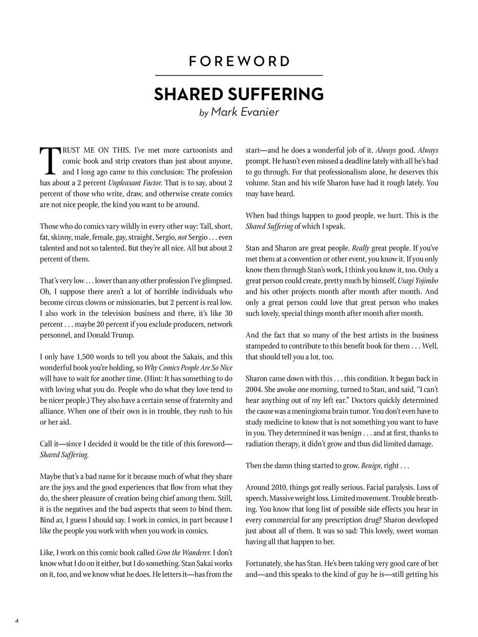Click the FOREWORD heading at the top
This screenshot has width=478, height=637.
pos(239,61)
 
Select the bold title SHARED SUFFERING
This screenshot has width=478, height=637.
pos(239,94)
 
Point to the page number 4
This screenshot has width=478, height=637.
pos(17,621)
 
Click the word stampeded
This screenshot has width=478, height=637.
pos(264,345)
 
